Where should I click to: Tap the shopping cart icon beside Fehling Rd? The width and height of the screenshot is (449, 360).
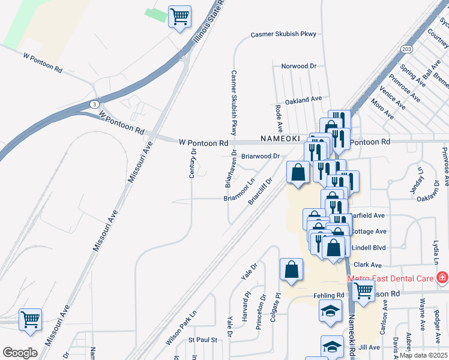point(364,292)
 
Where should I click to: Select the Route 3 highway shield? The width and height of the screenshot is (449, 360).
point(94,104)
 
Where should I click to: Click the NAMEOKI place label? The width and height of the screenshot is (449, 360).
point(279,138)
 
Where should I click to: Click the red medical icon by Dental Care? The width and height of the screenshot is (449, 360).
point(442,277)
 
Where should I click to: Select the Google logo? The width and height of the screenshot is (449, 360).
point(20,353)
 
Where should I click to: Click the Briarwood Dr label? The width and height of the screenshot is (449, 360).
point(261,156)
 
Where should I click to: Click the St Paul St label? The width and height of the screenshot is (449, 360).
point(202,340)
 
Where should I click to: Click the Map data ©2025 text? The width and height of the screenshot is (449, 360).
point(423,355)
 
